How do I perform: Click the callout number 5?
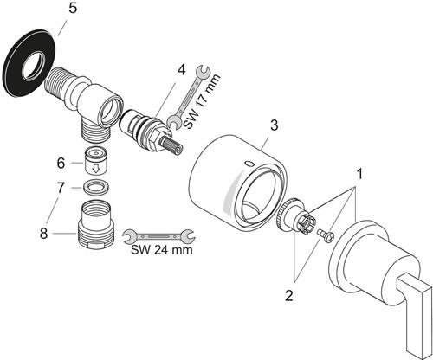[73, 9]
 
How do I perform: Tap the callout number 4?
[181, 70]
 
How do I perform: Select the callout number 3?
[274, 125]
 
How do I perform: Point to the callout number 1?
[359, 174]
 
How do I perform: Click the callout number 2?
[289, 296]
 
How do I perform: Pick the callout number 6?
[61, 164]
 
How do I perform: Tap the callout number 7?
[61, 188]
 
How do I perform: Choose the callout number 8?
[43, 233]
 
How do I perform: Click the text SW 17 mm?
[202, 100]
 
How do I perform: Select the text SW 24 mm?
[162, 249]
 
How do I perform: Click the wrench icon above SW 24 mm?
[159, 235]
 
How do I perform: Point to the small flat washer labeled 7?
[96, 186]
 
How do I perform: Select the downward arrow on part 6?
[95, 169]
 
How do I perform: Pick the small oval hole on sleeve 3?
[249, 164]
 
